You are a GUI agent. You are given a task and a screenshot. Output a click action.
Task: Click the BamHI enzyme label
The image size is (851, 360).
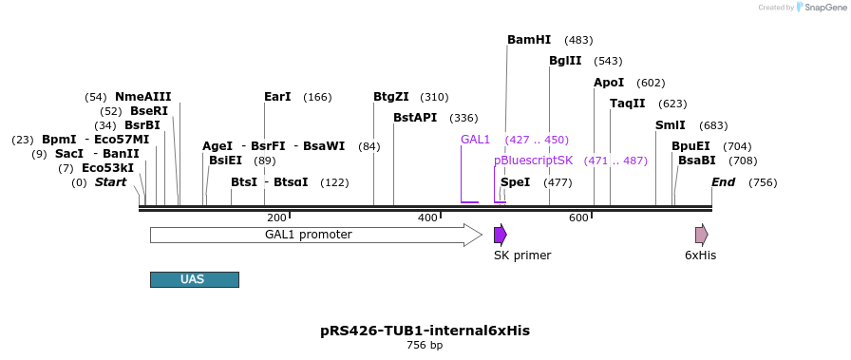pos(529,40)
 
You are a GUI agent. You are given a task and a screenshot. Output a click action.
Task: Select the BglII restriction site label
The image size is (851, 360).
pos(565,61)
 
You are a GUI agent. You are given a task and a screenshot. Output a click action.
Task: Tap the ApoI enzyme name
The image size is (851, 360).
pos(609,83)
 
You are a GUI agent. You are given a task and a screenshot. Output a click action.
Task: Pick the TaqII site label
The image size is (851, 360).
pos(627,104)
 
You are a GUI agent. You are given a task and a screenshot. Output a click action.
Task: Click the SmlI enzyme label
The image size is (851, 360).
pos(670,125)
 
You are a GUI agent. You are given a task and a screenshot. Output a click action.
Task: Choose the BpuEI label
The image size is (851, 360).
pos(690,146)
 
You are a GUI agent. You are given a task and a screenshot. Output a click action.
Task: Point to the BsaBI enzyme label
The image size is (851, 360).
pos(696,161)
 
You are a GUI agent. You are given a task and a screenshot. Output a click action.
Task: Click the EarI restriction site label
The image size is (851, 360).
pos(277,97)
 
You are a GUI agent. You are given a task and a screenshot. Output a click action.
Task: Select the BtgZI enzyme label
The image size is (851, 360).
pos(391,97)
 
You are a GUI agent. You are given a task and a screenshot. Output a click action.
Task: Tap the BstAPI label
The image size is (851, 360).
pos(415,118)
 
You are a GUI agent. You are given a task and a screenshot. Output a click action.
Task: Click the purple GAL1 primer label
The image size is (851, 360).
pos(475,140)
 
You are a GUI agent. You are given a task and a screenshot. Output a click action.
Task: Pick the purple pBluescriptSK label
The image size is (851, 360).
pos(533,161)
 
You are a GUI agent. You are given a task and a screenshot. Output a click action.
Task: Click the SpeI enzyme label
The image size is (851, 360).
pos(515,182)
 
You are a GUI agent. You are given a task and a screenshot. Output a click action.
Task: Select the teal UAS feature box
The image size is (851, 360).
pos(194,279)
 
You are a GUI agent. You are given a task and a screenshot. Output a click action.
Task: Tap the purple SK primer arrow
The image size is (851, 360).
pos(500,235)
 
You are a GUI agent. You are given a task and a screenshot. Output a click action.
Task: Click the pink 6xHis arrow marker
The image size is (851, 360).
pos(701,235)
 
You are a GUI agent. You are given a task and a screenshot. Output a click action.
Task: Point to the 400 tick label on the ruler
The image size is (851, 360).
pos(427,218)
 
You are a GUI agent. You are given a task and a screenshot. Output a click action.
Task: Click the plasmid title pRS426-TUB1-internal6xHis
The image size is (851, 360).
pos(425,331)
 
